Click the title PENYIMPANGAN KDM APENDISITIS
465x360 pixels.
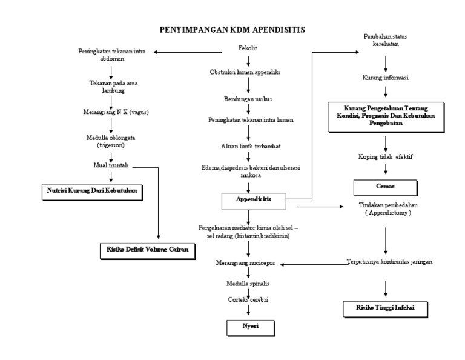[x=232, y=29]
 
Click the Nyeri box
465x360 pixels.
[x=250, y=328]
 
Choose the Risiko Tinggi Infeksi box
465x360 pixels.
[x=385, y=308]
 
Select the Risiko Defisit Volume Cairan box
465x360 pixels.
[x=148, y=249]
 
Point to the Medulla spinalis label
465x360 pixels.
[x=249, y=283]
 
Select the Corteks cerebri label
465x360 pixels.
[x=249, y=299]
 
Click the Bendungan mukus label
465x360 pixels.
[x=249, y=98]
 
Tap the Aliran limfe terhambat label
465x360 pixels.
[x=249, y=146]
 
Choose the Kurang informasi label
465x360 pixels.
[x=386, y=78]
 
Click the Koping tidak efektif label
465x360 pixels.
[x=386, y=157]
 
